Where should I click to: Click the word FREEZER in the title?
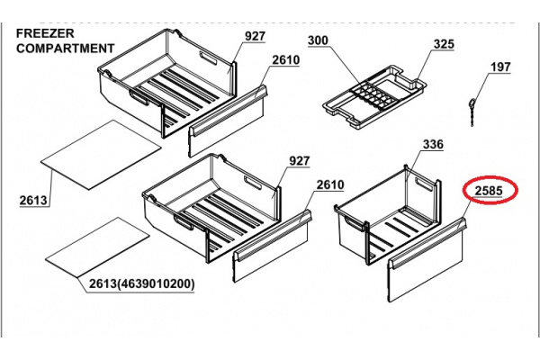tap(45, 33)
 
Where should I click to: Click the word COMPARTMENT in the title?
tap(66, 49)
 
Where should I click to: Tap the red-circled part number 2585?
tap(489, 191)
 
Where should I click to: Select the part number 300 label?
tap(318, 40)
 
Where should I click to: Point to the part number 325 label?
tap(444, 44)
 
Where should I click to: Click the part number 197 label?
tap(500, 67)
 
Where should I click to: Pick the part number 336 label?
tap(433, 144)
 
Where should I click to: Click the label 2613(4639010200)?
tap(142, 284)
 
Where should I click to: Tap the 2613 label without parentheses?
tap(33, 200)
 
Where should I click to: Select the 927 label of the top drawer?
tap(256, 36)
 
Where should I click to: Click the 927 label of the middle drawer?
tap(300, 161)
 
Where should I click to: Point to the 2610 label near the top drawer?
tap(286, 60)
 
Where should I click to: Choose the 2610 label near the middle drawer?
tap(330, 185)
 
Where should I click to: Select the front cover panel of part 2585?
tap(427, 260)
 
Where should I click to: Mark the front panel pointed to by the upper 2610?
tap(228, 121)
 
